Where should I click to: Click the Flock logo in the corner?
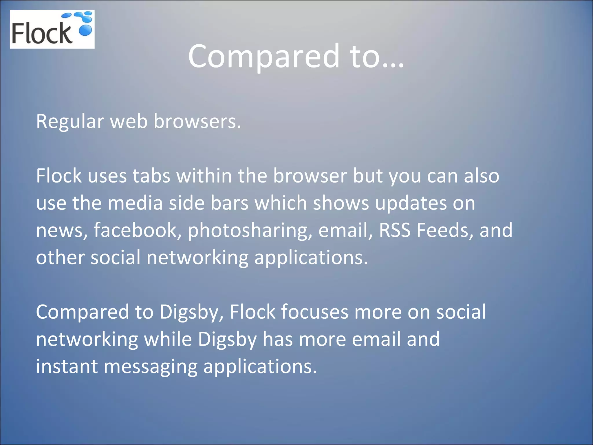tap(52, 29)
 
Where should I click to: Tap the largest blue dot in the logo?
tap(85, 30)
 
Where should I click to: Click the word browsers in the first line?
tap(197, 121)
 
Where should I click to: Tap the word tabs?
tap(151, 176)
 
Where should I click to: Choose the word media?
tap(135, 203)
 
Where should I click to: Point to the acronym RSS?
tap(394, 230)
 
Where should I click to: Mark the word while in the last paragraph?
tap(168, 339)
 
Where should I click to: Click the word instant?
tap(67, 366)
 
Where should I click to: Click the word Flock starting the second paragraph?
tap(59, 176)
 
